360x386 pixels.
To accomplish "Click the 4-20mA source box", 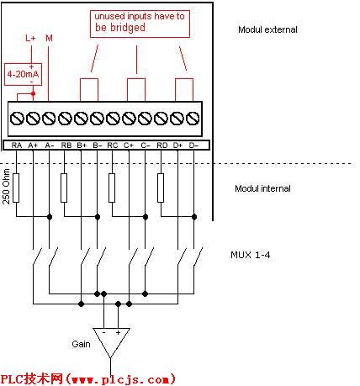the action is click(23, 74).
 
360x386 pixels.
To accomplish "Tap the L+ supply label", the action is click(30, 38).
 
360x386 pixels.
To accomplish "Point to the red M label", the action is click(49, 38).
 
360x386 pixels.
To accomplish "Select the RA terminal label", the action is click(17, 145).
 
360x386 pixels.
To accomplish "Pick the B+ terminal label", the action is click(82, 145).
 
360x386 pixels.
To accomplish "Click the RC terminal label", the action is click(113, 145).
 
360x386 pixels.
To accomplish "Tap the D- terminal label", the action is click(193, 145).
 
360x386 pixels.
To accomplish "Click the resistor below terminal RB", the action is click(64, 188).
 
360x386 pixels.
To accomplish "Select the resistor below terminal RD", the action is click(161, 188).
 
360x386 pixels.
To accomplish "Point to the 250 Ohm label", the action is click(6, 187).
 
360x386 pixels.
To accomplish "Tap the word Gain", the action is click(81, 344).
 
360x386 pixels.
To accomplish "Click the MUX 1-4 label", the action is click(251, 255).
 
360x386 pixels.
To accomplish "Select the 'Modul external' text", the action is click(267, 29).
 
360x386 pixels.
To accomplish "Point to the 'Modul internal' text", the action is click(262, 188).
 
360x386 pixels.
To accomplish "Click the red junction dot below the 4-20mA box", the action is click(33, 93).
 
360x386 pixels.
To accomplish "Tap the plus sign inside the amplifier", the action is click(118, 332).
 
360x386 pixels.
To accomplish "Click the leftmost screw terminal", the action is click(17, 118).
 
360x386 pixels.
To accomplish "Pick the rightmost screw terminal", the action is click(193, 118).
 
